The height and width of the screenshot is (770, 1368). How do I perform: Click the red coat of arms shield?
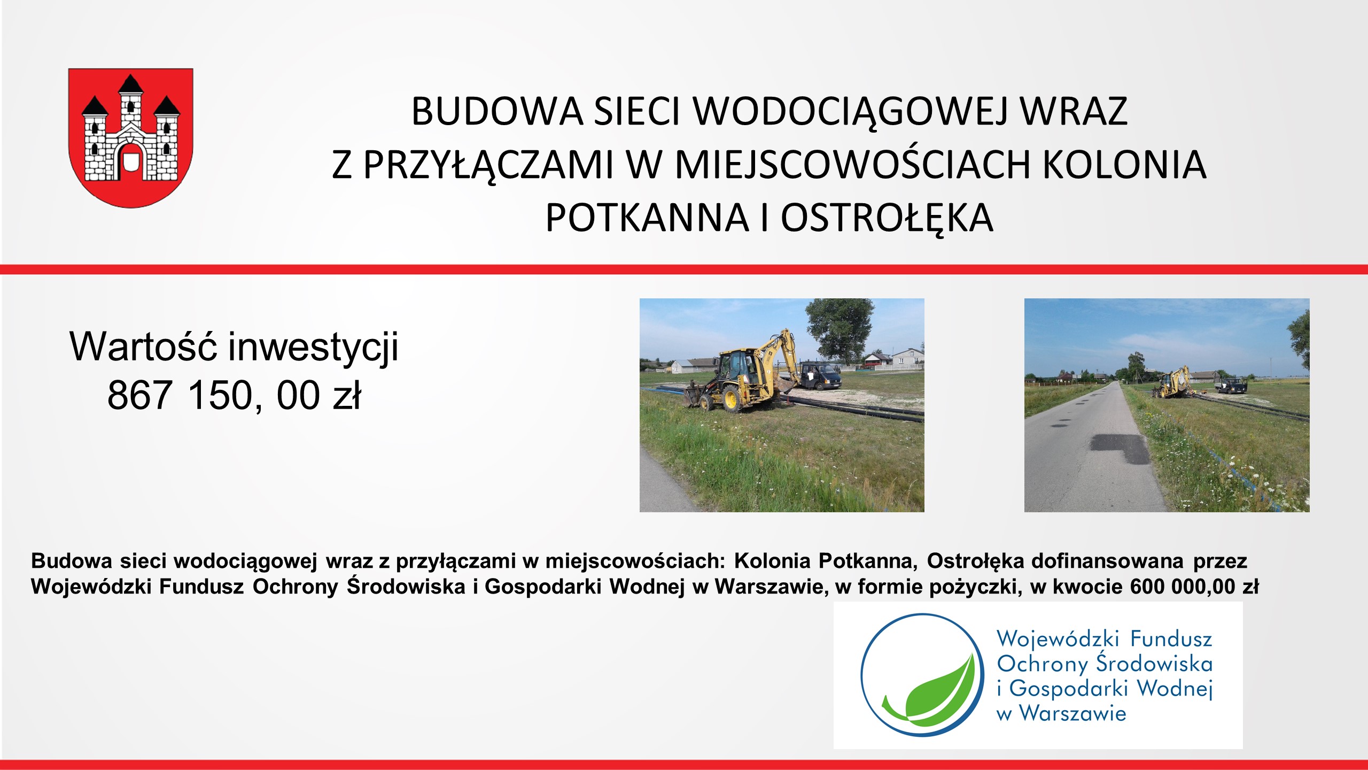point(131,137)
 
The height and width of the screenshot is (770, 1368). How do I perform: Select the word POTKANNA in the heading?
point(647,218)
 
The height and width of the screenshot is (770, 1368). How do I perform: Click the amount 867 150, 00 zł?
point(234,396)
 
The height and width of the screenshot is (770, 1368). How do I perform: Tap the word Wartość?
point(143,346)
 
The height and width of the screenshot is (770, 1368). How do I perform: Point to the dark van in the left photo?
point(821,375)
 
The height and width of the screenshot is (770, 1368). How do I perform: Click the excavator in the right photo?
point(1173,382)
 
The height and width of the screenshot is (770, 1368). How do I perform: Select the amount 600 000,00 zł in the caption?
point(1194,587)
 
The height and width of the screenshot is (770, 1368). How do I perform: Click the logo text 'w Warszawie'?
point(1061,713)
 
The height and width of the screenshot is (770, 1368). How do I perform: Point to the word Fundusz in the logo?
point(1171,639)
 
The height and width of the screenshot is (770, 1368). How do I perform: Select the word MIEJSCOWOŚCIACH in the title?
point(852,164)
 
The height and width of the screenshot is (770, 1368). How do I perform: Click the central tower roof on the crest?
point(130,84)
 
